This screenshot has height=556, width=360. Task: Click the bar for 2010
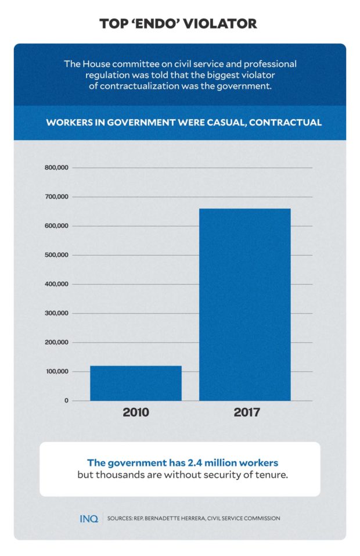click(135, 383)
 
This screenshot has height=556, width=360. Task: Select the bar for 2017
click(244, 304)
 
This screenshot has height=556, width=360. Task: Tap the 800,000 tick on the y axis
click(56, 168)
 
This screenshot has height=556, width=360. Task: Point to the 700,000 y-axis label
click(56, 197)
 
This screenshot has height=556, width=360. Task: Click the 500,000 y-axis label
click(56, 255)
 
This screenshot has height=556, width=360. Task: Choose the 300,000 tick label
click(56, 313)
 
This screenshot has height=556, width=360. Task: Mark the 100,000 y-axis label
click(56, 371)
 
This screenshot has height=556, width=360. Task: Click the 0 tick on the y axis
click(66, 400)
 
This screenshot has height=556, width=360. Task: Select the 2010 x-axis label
click(136, 414)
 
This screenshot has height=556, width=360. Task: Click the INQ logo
click(89, 518)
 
